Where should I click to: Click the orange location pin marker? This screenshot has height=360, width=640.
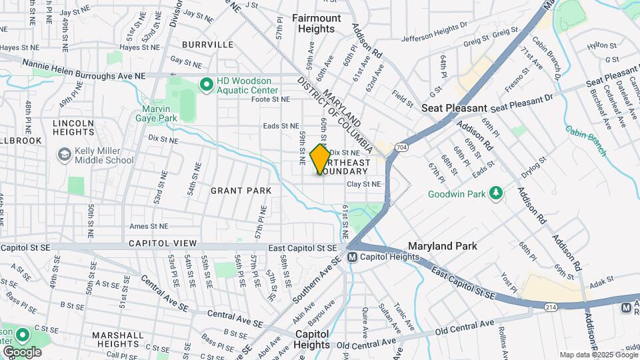pos(320,159)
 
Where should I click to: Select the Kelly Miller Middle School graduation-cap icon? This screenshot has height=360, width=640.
pos(65,155)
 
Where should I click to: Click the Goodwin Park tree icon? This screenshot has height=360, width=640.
pos(495,193)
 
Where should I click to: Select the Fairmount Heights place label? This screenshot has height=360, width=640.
pos(317,23)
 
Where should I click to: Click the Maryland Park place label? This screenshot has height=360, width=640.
pos(442,246)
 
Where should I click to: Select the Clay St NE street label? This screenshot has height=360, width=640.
pos(363,184)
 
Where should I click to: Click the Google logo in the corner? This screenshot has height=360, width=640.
pos(22,351)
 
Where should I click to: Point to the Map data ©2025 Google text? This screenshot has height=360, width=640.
pos(597,355)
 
